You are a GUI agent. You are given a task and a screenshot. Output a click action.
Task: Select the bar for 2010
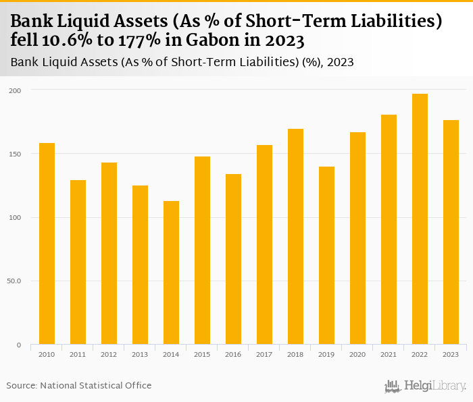[47, 243]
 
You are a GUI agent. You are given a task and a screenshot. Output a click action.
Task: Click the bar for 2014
[171, 272]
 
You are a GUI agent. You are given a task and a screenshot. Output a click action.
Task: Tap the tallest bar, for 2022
[420, 219]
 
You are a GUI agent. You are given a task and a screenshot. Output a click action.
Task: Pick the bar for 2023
[451, 232]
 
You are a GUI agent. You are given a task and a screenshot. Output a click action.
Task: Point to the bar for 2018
[295, 237]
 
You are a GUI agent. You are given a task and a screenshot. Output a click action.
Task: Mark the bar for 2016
[233, 259]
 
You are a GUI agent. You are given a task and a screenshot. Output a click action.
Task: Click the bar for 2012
[109, 254]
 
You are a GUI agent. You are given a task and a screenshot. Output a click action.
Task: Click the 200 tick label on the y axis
[15, 90]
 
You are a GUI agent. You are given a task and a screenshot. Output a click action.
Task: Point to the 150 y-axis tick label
[15, 154]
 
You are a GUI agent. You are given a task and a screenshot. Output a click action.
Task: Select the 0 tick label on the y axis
[19, 345]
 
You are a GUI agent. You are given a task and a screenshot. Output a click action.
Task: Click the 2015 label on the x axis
[202, 355]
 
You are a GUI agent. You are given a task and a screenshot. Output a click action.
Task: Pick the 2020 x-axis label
[357, 355]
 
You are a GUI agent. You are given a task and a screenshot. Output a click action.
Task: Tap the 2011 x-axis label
[78, 355]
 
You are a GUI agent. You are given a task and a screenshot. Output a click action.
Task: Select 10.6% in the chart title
[77, 40]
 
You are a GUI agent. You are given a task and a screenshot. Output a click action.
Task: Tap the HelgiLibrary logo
[425, 386]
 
